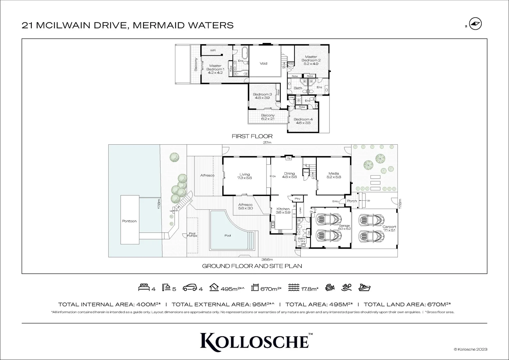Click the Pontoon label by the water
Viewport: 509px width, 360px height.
click(x=129, y=221)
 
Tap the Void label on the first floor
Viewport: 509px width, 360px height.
click(x=263, y=63)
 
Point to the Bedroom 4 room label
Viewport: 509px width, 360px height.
click(x=303, y=121)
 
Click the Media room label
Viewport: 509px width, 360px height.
click(x=333, y=175)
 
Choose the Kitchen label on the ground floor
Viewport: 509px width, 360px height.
click(x=283, y=211)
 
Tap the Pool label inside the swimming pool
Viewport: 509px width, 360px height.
click(x=228, y=235)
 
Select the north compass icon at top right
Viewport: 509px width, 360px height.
click(x=476, y=24)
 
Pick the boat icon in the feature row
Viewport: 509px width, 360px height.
click(x=364, y=287)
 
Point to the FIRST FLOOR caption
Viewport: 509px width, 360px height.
click(x=252, y=136)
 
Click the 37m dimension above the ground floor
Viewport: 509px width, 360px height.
click(x=267, y=143)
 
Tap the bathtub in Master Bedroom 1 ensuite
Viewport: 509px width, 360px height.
click(x=245, y=54)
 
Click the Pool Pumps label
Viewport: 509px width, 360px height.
click(x=192, y=234)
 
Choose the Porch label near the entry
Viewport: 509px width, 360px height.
click(x=352, y=201)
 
